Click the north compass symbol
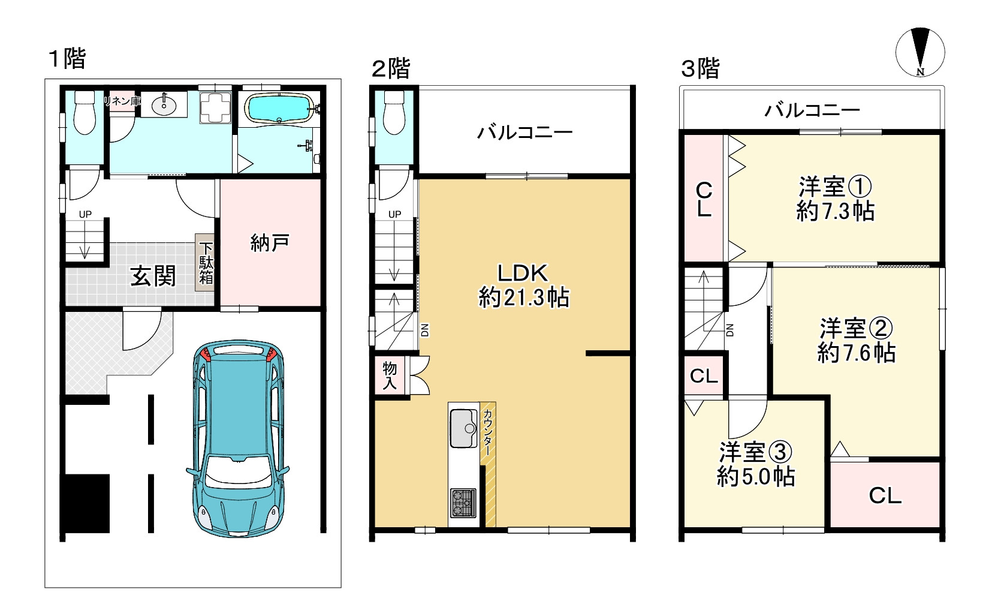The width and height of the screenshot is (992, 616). tap(920, 52)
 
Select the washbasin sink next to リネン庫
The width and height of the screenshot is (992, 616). tap(164, 105)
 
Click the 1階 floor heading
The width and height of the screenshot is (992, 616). tap(67, 59)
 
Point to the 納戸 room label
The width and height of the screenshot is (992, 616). tap(270, 242)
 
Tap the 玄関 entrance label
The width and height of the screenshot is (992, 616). tap(153, 276)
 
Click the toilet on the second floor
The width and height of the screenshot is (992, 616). tap(394, 113)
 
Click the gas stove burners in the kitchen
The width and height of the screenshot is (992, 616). tap(463, 503)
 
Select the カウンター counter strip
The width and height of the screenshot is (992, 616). tap(488, 464)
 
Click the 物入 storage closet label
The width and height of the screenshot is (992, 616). tap(390, 375)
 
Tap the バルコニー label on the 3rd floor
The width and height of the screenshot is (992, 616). tap(812, 109)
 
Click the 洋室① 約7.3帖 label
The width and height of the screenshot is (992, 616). tap(835, 199)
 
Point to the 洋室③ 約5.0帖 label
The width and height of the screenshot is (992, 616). tap(756, 464)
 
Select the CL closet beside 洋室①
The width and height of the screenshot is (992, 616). tap(704, 199)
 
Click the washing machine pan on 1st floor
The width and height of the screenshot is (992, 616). tap(215, 108)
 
